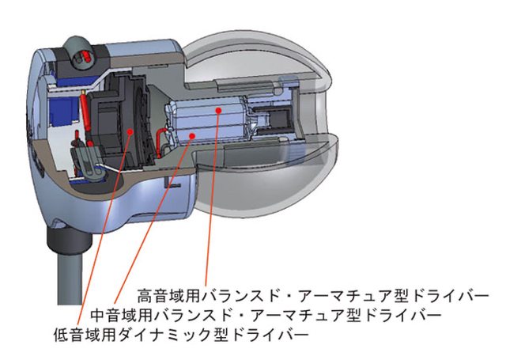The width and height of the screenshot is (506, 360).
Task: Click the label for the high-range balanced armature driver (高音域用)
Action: click(x=308, y=295)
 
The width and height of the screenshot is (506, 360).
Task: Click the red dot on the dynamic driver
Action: click(x=129, y=130)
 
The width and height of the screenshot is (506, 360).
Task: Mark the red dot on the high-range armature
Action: click(x=220, y=112)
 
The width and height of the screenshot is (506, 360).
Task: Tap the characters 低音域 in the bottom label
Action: click(x=77, y=334)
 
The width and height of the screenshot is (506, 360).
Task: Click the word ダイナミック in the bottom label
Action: click(x=179, y=334)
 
